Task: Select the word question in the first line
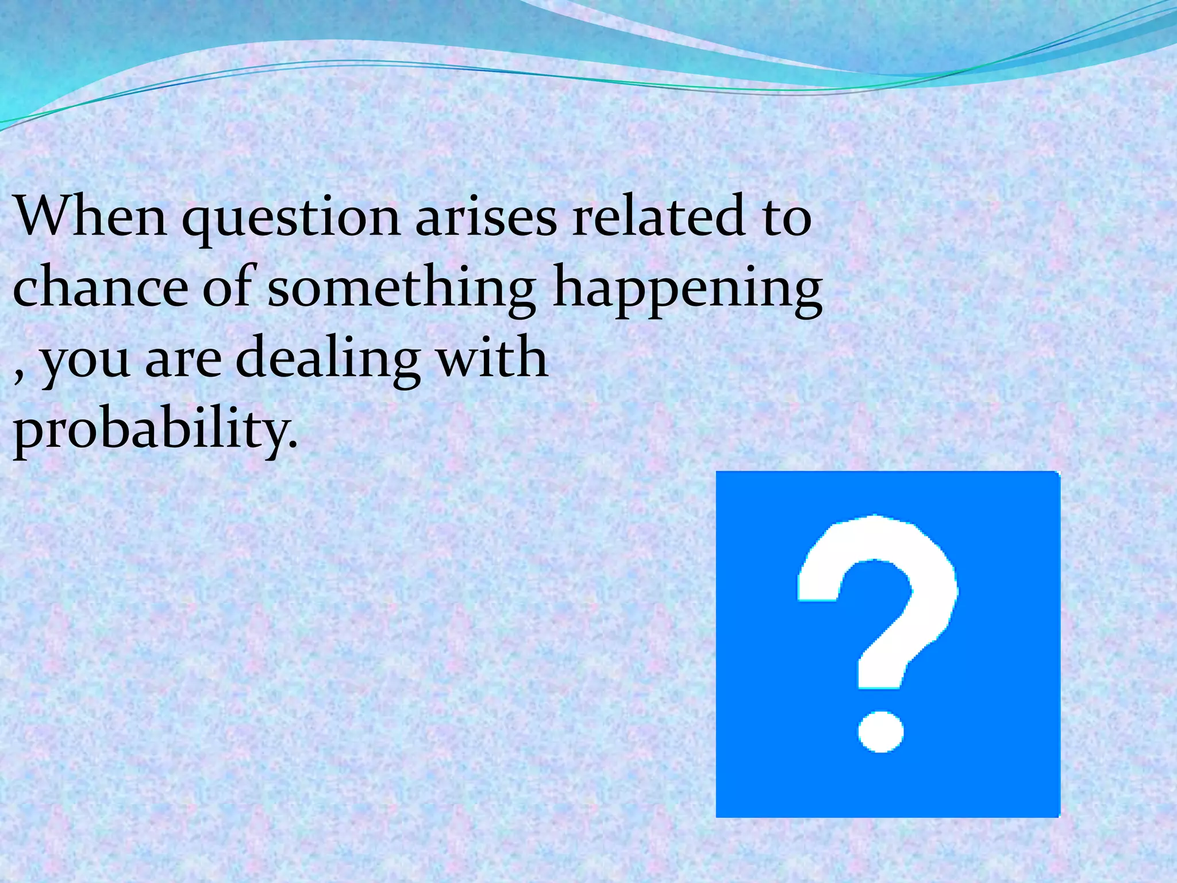click(291, 221)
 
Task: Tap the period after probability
click(293, 445)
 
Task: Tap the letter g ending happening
click(802, 296)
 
